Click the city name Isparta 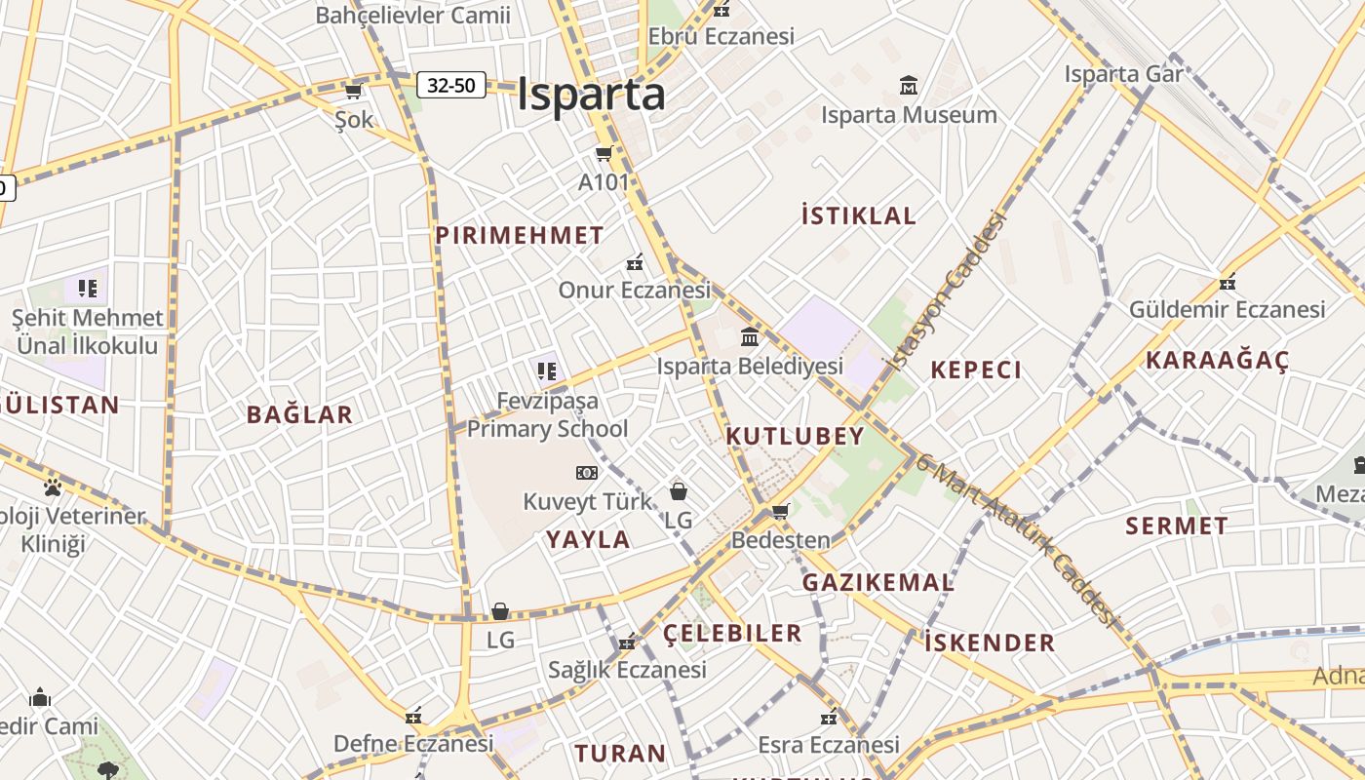[x=591, y=95]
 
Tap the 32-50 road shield [x=451, y=85]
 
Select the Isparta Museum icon [x=909, y=86]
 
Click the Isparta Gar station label [x=1123, y=74]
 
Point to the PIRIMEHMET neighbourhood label [x=520, y=235]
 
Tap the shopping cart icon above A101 [x=604, y=153]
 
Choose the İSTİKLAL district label [x=858, y=215]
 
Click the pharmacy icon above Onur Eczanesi [x=635, y=261]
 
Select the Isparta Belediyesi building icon [x=750, y=337]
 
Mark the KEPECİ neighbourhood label [x=976, y=370]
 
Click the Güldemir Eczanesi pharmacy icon [x=1228, y=282]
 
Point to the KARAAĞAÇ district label [x=1217, y=360]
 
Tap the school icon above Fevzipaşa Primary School [x=546, y=370]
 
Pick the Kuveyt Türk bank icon [x=586, y=473]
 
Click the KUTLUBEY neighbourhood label [x=795, y=436]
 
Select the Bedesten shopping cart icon [x=780, y=511]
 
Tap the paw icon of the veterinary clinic [x=53, y=487]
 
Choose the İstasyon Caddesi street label [x=944, y=292]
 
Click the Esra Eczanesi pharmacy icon [x=829, y=718]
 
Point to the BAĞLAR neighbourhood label [x=299, y=414]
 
